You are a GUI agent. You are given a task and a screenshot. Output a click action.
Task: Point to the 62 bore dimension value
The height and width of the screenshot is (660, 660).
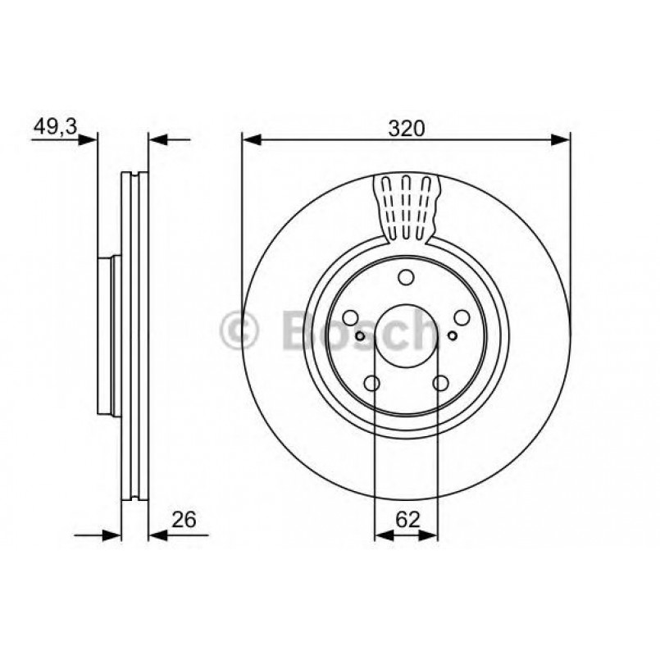click(x=406, y=518)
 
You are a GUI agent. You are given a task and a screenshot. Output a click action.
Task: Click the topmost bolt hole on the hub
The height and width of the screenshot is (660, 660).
click(x=406, y=277)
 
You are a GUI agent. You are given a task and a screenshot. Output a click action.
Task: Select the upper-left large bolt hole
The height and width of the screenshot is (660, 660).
click(x=350, y=318)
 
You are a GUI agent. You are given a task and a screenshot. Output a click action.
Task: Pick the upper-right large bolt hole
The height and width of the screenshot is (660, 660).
click(x=462, y=318)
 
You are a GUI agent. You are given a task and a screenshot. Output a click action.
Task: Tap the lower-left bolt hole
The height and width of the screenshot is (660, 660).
click(x=371, y=383)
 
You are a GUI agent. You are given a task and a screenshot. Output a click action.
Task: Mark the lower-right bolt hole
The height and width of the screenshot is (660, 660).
click(x=441, y=383)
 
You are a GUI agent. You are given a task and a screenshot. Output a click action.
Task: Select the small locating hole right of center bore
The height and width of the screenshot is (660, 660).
click(x=453, y=335)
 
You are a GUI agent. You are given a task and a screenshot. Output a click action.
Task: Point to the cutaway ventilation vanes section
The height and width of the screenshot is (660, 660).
click(x=407, y=209)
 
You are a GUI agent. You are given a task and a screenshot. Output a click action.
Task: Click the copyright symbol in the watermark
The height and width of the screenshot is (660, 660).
click(x=239, y=330)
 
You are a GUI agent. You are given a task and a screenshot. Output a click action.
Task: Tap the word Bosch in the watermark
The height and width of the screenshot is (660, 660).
click(x=361, y=330)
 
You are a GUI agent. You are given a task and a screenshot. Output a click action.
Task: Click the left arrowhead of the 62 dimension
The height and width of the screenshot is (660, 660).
click(x=383, y=535)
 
